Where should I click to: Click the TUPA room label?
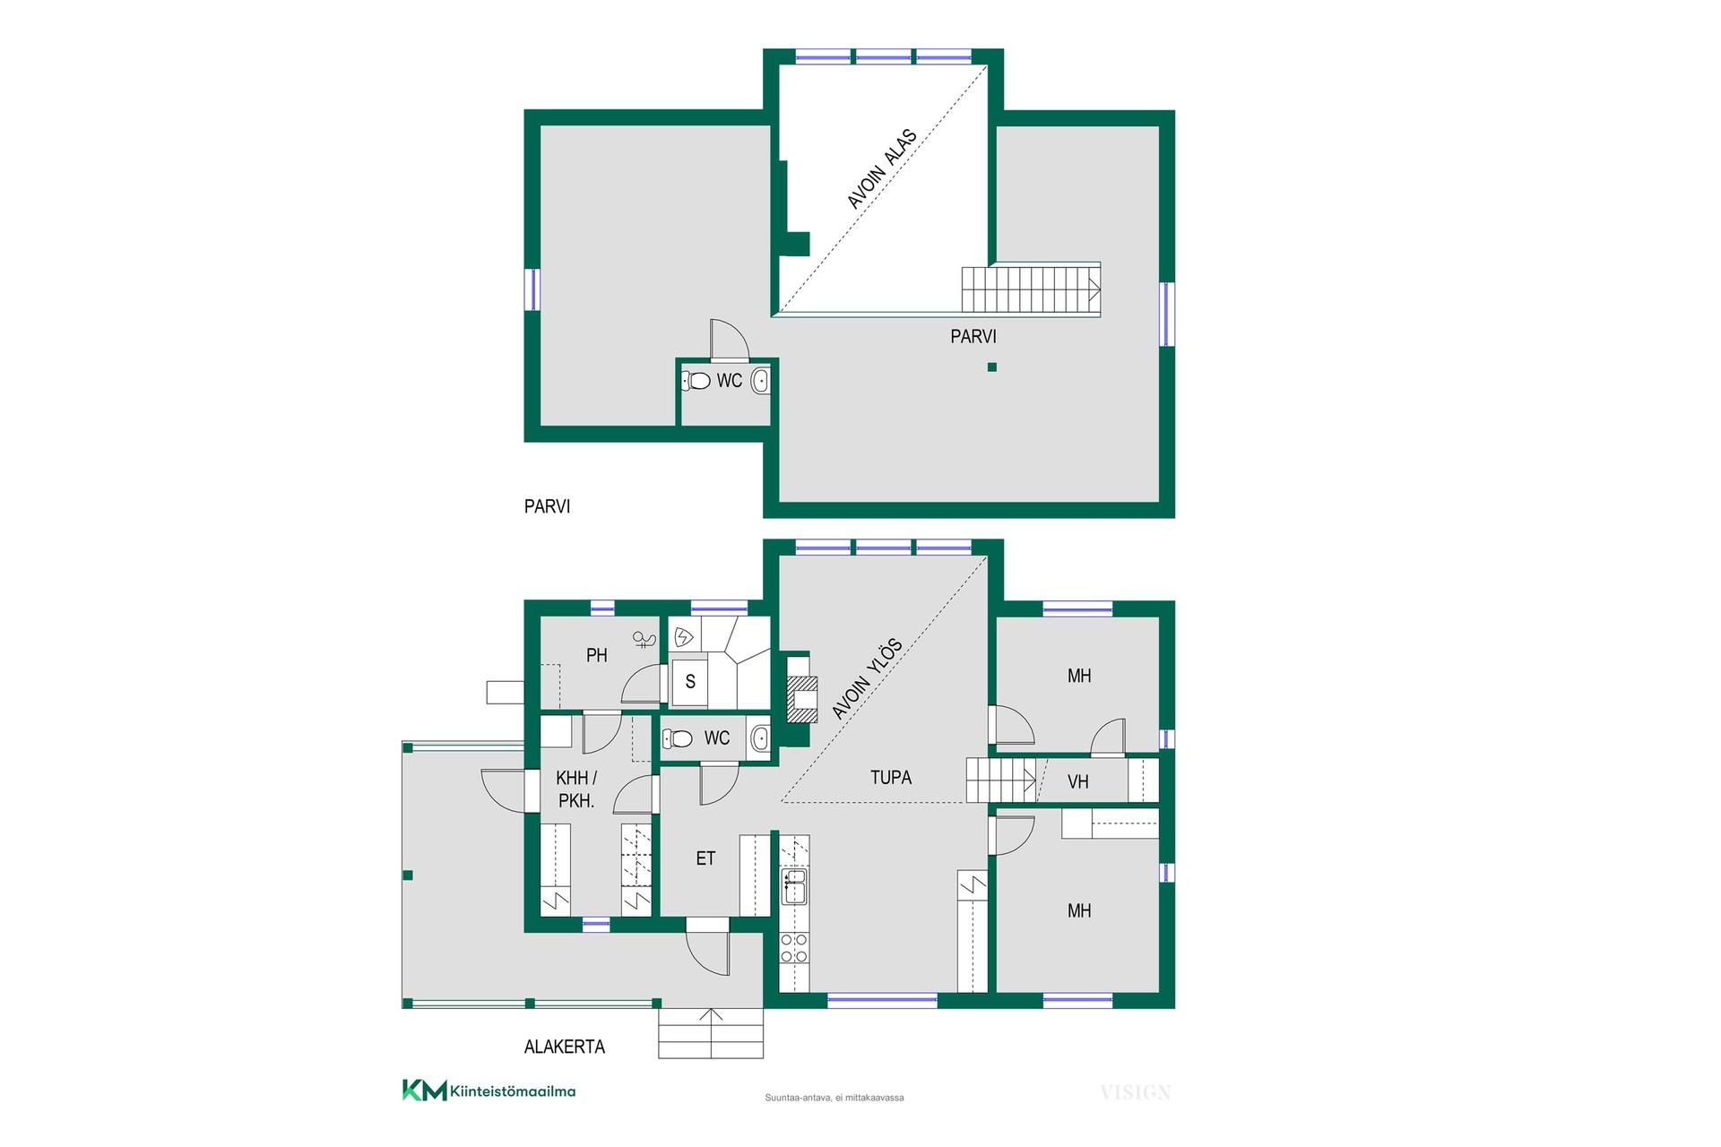(x=891, y=778)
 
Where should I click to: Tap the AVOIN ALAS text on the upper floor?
(x=883, y=169)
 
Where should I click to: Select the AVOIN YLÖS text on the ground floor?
(x=867, y=679)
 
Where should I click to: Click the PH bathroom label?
(x=597, y=655)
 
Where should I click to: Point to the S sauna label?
(x=690, y=682)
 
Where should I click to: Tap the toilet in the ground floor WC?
(x=677, y=738)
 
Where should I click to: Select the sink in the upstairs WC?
(x=760, y=381)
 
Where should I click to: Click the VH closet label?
(x=1078, y=782)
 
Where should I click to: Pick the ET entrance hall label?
(x=705, y=858)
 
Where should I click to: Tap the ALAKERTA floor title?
(x=565, y=1047)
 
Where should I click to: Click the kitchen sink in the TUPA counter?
(x=794, y=886)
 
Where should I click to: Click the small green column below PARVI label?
(x=991, y=367)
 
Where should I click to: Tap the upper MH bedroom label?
(x=1079, y=676)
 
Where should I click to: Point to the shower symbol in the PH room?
(x=644, y=639)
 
